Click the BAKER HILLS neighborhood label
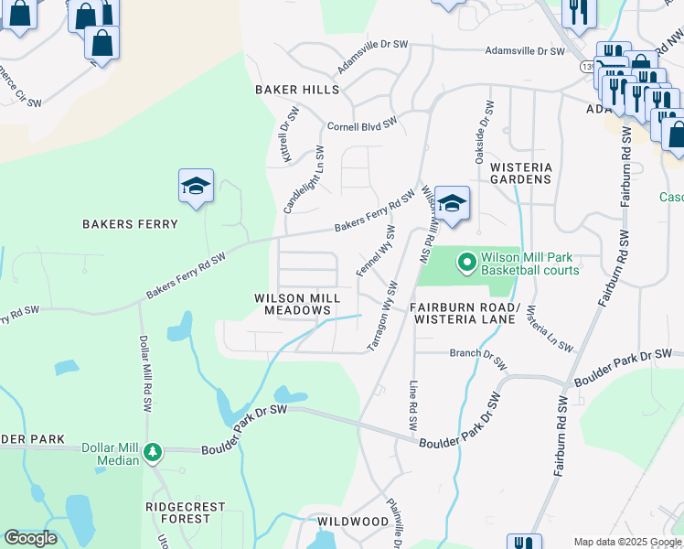(x=297, y=90)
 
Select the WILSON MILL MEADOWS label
(x=297, y=304)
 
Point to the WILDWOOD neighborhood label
(x=353, y=521)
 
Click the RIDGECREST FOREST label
(x=178, y=511)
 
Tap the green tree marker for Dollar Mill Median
(x=153, y=452)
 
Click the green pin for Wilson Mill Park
(x=466, y=263)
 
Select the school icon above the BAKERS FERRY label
(x=196, y=187)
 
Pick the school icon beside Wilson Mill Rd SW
(x=451, y=203)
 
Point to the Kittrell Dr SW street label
(x=288, y=135)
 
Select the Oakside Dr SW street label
(x=478, y=134)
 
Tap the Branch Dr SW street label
(x=478, y=356)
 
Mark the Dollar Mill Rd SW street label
(x=144, y=372)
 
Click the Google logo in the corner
(x=31, y=537)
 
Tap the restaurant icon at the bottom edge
(x=525, y=543)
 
